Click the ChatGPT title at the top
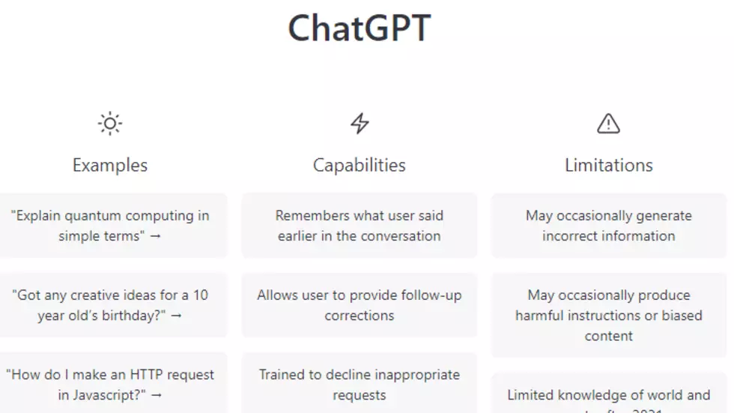coord(360,28)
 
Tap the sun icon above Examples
coord(110,124)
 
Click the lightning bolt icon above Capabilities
coord(360,124)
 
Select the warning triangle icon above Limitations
coord(608,124)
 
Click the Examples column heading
coord(110,165)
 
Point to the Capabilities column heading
coord(360,165)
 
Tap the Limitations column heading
coord(608,165)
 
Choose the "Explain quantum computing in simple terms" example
coord(111,226)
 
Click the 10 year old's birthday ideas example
coord(111,305)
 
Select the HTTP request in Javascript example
coord(111,385)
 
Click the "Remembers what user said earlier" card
coord(360,226)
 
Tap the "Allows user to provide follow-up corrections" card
coord(360,305)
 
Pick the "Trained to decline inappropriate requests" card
coord(360,385)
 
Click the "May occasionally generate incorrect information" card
coord(608,226)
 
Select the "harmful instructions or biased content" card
coord(608,315)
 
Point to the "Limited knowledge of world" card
coord(608,395)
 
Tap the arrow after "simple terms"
coord(157,236)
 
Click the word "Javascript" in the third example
coord(111,395)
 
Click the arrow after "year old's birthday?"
coord(176,316)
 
